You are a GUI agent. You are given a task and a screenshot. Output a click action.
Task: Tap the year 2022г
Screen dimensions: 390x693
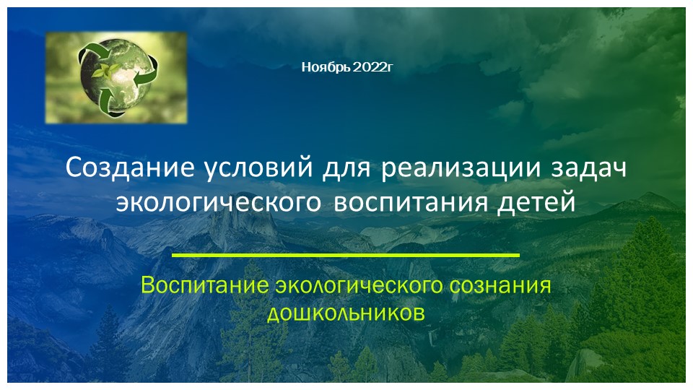373,68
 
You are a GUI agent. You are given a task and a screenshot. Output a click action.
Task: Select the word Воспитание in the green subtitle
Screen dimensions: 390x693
205,285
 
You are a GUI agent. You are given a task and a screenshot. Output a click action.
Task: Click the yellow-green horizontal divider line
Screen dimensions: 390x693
346,256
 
